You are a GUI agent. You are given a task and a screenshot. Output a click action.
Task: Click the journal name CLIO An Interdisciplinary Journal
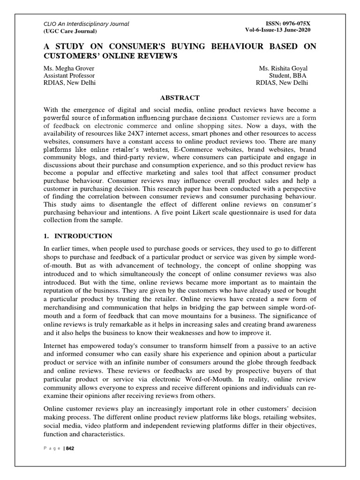click(80, 24)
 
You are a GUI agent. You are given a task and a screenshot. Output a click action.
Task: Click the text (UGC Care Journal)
click(70, 31)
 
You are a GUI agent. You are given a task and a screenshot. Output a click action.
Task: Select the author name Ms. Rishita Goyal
click(284, 68)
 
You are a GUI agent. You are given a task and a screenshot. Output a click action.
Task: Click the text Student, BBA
click(289, 75)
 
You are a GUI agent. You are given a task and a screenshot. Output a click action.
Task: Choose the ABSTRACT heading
click(180, 97)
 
